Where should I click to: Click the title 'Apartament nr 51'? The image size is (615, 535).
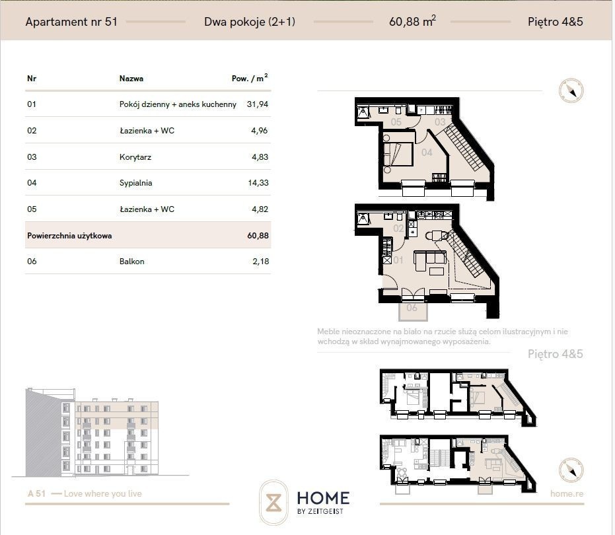click(71, 22)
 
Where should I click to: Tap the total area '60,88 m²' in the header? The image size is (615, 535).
click(412, 21)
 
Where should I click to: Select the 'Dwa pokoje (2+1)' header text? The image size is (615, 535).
click(250, 22)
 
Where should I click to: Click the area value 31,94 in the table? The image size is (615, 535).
click(258, 104)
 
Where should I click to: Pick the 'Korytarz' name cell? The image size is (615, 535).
click(135, 157)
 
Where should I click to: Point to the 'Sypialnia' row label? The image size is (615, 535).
click(135, 183)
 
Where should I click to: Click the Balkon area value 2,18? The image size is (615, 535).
click(261, 261)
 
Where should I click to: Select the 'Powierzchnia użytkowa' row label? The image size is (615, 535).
click(69, 236)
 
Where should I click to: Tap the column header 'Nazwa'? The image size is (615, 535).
click(131, 79)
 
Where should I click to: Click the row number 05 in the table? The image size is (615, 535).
click(32, 209)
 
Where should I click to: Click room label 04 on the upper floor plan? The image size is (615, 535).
click(427, 152)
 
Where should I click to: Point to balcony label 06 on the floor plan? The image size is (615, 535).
click(412, 308)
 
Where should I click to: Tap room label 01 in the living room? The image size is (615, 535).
click(398, 260)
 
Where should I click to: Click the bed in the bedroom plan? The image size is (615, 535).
click(398, 154)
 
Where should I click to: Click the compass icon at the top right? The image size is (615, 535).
click(571, 90)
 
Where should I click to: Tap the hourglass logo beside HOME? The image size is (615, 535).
click(273, 503)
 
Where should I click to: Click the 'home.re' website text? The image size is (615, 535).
click(567, 493)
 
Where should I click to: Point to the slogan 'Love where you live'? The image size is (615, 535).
click(103, 493)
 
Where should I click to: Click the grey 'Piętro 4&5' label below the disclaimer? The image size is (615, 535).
click(556, 354)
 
